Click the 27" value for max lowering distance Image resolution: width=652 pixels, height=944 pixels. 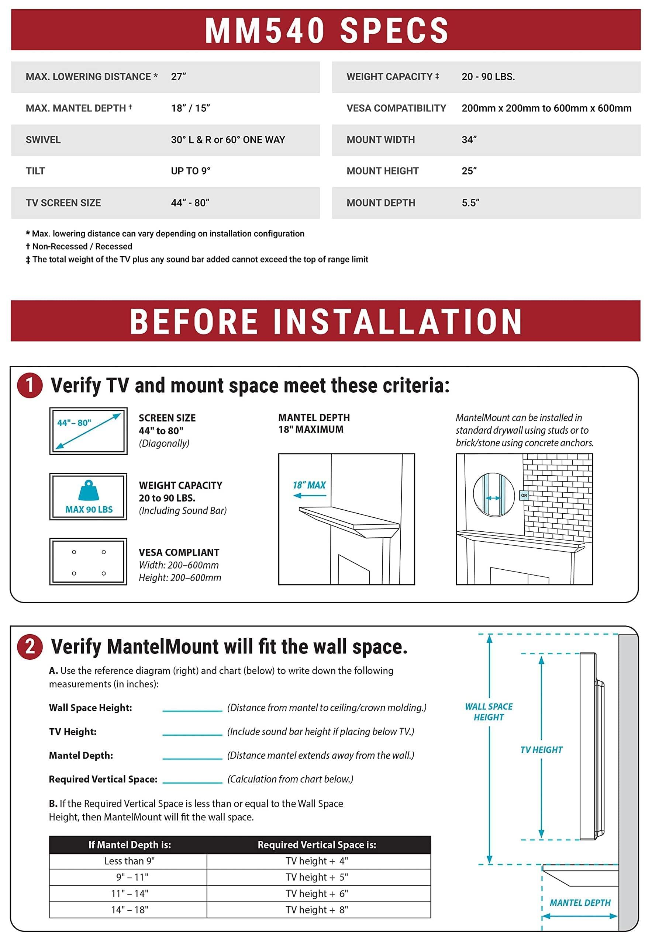click(179, 77)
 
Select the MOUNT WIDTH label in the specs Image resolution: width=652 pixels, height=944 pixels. click(380, 140)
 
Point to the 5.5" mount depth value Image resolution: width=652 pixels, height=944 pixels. click(470, 203)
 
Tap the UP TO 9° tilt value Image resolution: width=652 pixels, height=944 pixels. click(190, 171)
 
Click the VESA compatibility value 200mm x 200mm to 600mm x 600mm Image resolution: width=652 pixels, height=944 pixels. click(546, 108)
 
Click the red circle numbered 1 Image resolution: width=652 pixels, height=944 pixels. click(30, 385)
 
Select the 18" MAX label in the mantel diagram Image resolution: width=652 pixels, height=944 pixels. click(309, 485)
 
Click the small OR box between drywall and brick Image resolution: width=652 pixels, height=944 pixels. click(524, 495)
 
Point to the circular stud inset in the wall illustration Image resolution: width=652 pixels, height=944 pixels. click(493, 495)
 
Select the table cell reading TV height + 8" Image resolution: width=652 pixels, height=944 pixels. click(317, 910)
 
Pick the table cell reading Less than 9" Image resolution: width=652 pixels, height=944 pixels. click(130, 861)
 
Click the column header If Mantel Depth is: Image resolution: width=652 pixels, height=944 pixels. click(130, 844)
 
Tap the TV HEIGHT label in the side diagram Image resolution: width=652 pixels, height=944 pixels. click(541, 750)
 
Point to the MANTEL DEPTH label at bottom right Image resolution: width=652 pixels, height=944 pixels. click(580, 903)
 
